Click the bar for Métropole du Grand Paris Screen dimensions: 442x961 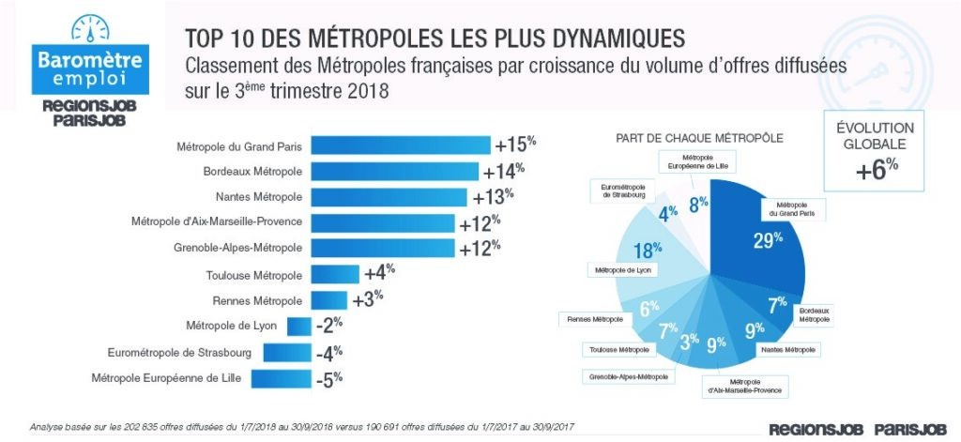click(400, 145)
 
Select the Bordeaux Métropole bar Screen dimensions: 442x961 click(395, 172)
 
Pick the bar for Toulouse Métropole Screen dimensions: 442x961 click(334, 274)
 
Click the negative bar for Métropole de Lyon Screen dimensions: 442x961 click(298, 326)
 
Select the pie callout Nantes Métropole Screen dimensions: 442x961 click(786, 349)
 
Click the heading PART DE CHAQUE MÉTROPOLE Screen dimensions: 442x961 click(687, 137)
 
